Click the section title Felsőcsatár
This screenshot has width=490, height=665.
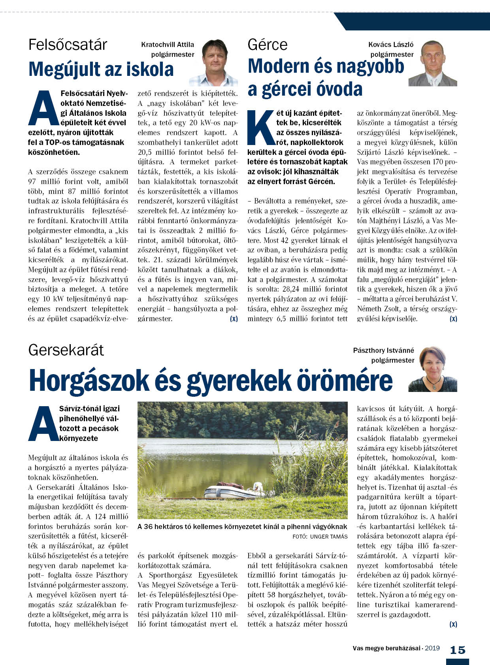click(68, 45)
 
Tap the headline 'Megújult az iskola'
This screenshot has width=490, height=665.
click(101, 69)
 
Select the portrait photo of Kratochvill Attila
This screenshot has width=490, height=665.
click(214, 63)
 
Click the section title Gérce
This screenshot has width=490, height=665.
click(268, 45)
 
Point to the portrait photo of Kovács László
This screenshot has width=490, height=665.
click(433, 63)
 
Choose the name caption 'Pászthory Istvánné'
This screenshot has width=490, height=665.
click(384, 350)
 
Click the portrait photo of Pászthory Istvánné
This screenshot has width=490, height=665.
click(433, 369)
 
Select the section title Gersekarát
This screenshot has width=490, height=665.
click(66, 350)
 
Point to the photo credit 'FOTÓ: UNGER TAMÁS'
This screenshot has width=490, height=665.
click(320, 537)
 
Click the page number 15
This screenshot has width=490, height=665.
click(458, 650)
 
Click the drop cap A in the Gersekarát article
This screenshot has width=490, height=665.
click(43, 424)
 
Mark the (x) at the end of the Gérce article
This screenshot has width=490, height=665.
click(453, 318)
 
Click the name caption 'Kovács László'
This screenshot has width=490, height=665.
click(391, 45)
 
